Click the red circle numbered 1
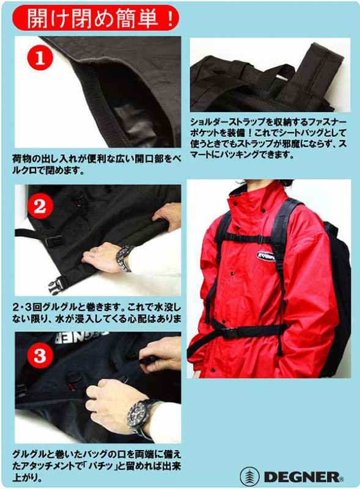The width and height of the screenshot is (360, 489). pyautogui.click(x=39, y=59)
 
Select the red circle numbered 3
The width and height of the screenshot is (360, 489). pyautogui.click(x=39, y=355)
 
